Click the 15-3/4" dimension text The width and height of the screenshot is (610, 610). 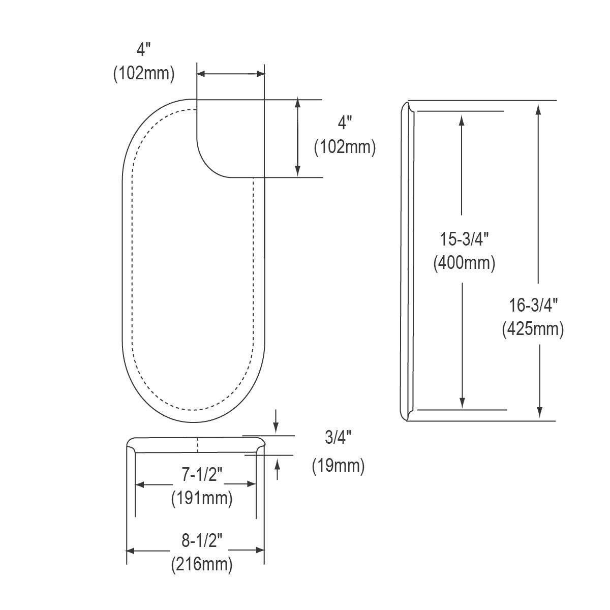pos(464,239)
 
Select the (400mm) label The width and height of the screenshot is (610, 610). pos(464,262)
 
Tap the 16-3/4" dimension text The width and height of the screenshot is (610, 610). pos(533,306)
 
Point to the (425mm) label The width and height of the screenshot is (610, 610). pos(533,329)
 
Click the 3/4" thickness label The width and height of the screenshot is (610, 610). pos(338,438)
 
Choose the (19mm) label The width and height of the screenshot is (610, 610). pos(338,466)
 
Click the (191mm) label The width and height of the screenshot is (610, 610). pos(202,498)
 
